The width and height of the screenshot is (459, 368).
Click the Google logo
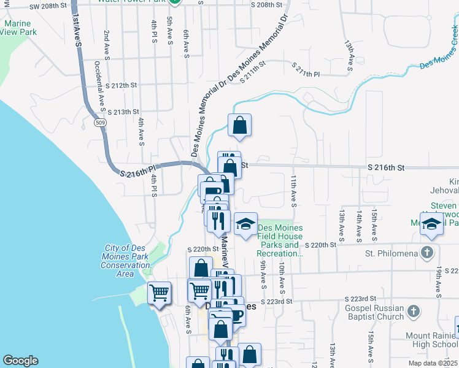click(20, 361)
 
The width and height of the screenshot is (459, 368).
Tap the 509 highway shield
click(99, 123)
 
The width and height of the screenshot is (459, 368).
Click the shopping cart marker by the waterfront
click(160, 293)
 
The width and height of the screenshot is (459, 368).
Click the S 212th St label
click(120, 85)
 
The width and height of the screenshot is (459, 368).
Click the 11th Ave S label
click(294, 191)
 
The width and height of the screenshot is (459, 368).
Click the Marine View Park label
click(20, 28)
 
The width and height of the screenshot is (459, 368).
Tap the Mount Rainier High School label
click(432, 340)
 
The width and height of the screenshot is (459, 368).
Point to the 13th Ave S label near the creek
click(349, 56)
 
